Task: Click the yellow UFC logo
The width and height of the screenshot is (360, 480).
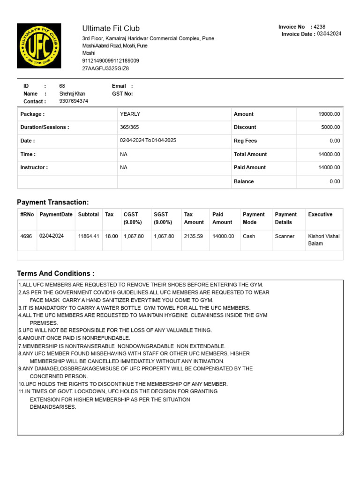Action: tap(39, 45)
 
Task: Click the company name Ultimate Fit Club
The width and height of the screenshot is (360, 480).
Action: tap(111, 29)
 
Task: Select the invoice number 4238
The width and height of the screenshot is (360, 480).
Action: tap(319, 27)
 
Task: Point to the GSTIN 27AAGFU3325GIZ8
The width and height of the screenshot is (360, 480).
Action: tap(105, 68)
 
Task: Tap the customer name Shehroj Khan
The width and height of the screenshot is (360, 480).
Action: tap(72, 94)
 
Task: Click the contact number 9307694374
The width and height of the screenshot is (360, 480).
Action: tap(74, 101)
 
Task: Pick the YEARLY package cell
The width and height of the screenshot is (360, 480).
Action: tap(130, 114)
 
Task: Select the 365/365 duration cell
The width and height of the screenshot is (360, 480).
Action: tap(129, 127)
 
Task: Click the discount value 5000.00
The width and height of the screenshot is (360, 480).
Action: tap(330, 127)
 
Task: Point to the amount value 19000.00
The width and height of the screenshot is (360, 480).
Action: tap(329, 114)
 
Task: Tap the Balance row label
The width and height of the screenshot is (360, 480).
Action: tap(244, 181)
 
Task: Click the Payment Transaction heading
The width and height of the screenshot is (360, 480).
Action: tap(52, 202)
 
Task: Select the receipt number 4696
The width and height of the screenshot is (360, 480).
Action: tap(26, 236)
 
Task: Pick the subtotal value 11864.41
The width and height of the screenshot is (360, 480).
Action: tap(89, 236)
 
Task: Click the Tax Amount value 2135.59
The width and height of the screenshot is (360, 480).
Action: tap(194, 236)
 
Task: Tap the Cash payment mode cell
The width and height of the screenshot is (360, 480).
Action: tap(249, 236)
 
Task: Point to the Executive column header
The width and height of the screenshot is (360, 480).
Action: tap(320, 214)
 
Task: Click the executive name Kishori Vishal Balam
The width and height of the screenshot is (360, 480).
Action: tap(324, 240)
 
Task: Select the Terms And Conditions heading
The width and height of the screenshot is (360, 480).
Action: tap(55, 273)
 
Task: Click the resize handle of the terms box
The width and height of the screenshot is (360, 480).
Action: tap(341, 433)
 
